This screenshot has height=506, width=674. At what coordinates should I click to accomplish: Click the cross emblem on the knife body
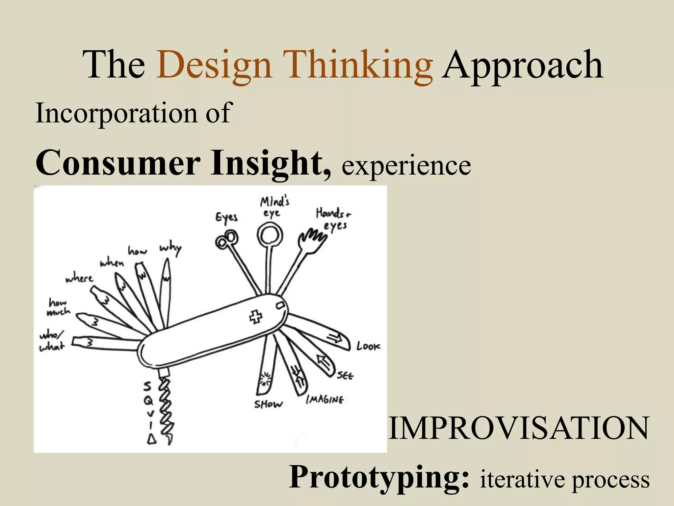coord(256,317)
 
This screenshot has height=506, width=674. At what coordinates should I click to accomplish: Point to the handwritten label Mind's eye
coord(274,207)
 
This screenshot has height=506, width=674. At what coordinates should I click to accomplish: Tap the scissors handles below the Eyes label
coord(226,240)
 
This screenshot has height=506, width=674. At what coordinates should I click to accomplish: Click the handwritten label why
coord(170,249)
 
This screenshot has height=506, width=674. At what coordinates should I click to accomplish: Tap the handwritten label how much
coord(59,307)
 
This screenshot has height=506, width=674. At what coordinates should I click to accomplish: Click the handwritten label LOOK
coord(368,346)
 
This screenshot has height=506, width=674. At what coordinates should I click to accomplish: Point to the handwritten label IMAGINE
coord(325,400)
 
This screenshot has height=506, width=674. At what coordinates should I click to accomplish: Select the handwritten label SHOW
coord(268,404)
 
